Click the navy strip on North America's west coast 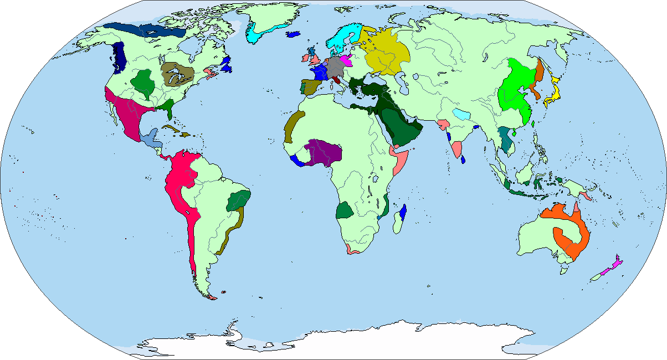point(119,58)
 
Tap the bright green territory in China point(515,89)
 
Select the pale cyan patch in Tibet point(461,115)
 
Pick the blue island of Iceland point(294,34)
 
